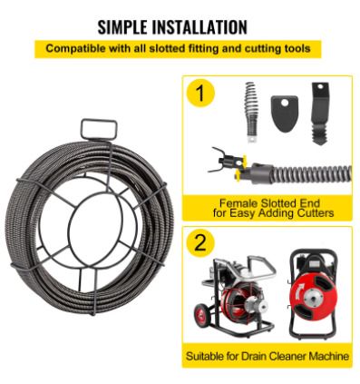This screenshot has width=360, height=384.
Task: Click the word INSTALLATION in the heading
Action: pos(199,26)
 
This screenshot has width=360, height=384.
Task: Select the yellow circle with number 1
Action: pos(200,93)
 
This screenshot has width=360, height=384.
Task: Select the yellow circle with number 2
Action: pos(200,242)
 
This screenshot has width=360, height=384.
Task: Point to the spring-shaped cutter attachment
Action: pos(251,112)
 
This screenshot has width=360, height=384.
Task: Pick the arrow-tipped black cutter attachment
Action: pos(320,113)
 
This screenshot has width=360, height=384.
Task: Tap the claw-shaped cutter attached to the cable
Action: pos(225,160)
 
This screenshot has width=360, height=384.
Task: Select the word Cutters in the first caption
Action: pos(316,212)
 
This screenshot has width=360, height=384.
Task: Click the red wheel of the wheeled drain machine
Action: pos(203,314)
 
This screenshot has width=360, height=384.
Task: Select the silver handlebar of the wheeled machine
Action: pos(260,266)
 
